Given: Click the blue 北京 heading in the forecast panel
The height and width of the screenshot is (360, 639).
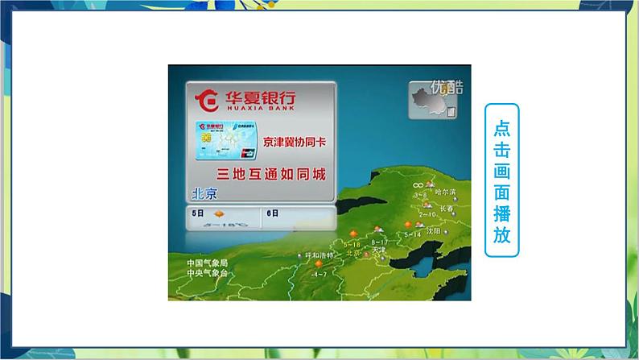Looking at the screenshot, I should click(204, 193).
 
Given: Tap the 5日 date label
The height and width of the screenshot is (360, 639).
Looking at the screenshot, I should click(198, 213).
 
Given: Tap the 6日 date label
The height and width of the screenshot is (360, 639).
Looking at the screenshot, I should click(272, 213).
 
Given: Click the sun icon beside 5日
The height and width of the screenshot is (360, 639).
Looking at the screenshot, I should click(218, 214).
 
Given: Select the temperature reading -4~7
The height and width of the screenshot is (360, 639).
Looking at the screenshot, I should click(319, 275).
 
